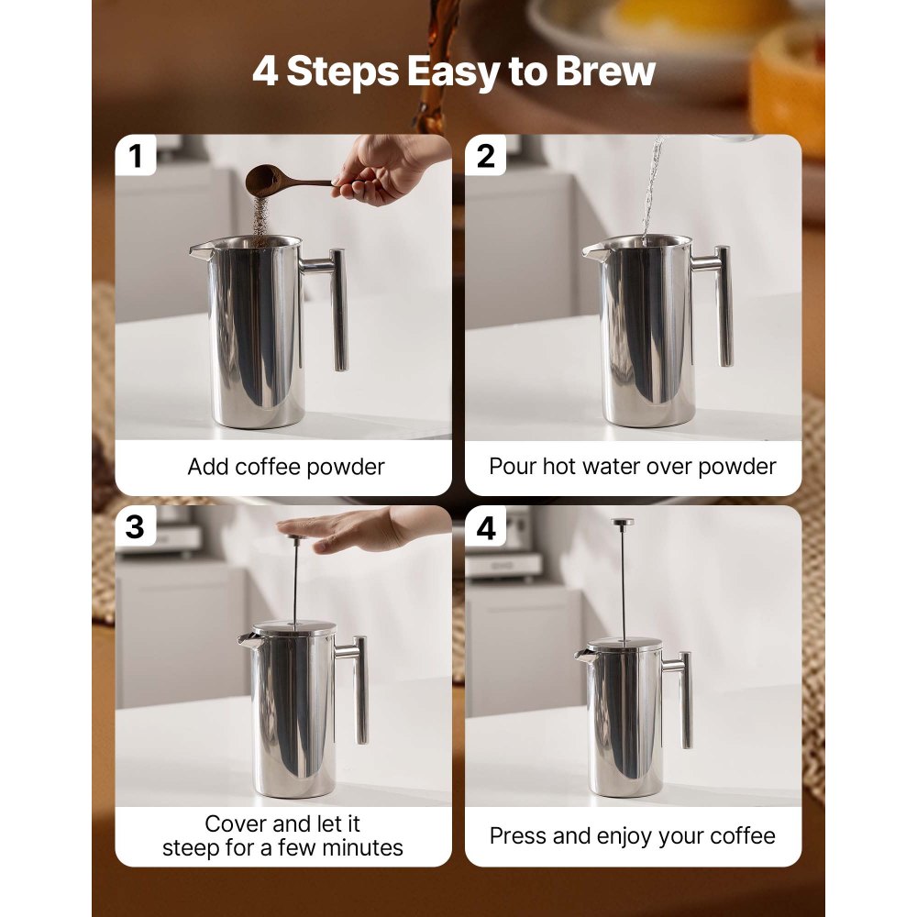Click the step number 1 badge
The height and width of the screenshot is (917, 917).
point(137,157)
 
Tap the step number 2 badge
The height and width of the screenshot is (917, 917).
point(486,157)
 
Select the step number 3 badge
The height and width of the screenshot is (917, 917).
point(136,527)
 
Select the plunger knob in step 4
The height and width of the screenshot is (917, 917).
point(623,523)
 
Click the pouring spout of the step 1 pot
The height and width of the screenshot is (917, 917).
point(198,249)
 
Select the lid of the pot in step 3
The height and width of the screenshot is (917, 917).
point(293,629)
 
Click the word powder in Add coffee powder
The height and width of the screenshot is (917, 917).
point(343,467)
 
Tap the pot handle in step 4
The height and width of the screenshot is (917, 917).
point(685,697)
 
